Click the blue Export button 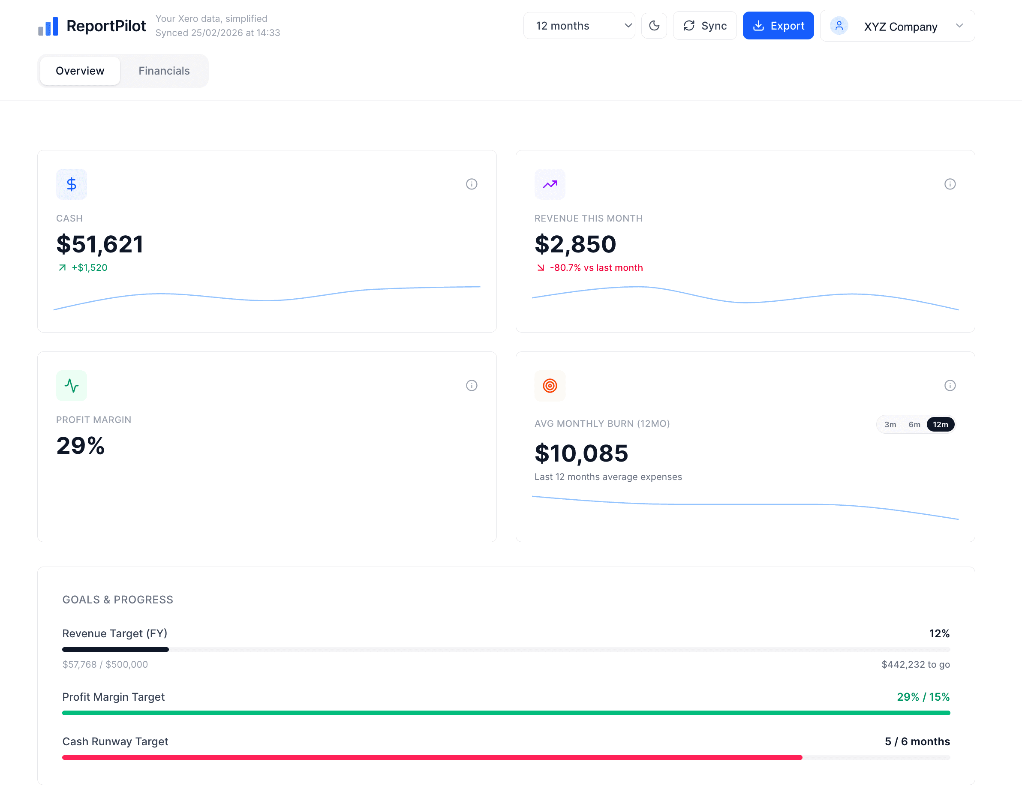[778, 26]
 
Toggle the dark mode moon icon [654, 26]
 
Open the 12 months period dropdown [579, 26]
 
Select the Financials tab [164, 71]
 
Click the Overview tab [80, 71]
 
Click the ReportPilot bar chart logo [48, 27]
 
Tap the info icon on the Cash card [471, 184]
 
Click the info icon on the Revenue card [950, 184]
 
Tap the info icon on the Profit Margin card [471, 386]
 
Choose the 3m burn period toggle [890, 425]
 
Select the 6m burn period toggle [914, 425]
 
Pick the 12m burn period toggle [940, 425]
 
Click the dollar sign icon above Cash [72, 184]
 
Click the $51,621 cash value [100, 244]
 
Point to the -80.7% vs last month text [595, 268]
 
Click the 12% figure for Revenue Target [939, 633]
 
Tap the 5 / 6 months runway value [917, 741]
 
